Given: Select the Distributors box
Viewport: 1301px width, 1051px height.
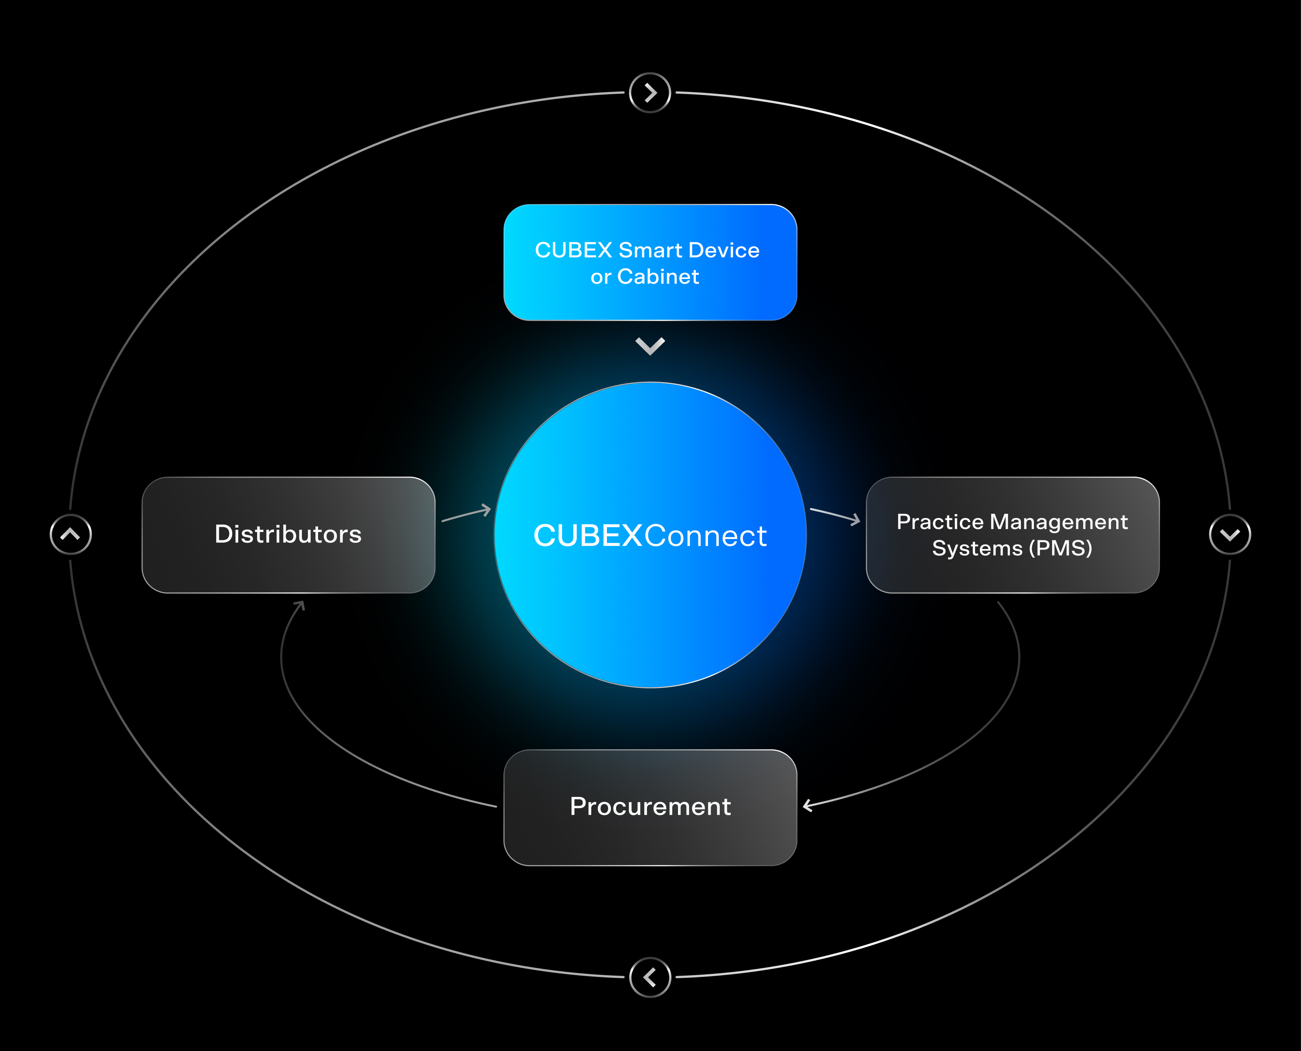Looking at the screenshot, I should point(288,535).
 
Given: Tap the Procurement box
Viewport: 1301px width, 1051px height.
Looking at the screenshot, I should point(650,807).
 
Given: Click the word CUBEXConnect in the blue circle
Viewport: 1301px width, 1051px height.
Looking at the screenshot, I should point(650,536).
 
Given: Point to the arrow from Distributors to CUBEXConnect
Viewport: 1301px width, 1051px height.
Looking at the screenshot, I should point(466,514).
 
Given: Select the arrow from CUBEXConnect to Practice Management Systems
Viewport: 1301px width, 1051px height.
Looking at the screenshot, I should point(835,515).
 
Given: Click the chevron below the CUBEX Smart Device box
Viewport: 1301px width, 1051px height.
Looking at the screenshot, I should point(650,346).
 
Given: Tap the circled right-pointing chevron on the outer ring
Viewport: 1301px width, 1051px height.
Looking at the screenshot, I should point(650,93).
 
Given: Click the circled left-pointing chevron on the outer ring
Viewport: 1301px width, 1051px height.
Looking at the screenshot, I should point(650,976).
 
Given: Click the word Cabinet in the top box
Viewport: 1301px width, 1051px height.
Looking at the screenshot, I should point(657,277).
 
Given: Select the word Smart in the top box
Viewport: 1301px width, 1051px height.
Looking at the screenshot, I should point(650,250).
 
